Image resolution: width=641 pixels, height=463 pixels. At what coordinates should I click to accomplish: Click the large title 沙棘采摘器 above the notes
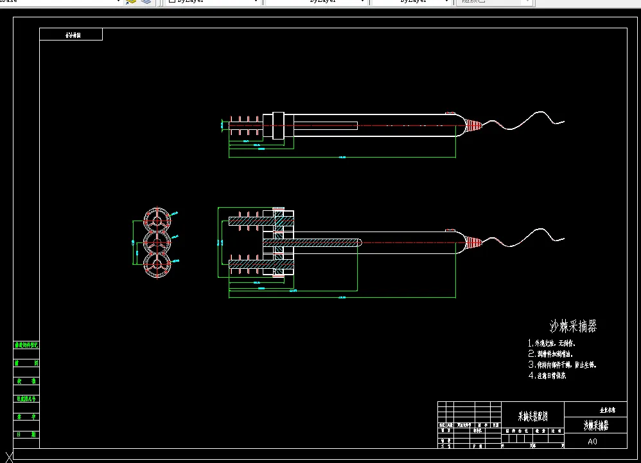click(x=574, y=326)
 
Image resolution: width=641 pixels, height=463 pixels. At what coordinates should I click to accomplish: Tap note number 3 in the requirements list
click(x=563, y=365)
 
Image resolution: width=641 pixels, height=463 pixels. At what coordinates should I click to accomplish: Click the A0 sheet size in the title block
click(x=592, y=442)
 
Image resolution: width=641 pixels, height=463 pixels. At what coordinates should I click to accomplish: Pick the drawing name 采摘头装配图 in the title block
click(x=532, y=417)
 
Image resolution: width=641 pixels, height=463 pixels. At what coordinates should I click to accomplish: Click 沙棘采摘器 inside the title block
click(x=595, y=425)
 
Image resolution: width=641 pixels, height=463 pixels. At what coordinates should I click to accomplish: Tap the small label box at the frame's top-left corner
click(x=71, y=35)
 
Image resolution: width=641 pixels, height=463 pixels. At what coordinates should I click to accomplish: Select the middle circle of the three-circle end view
click(x=157, y=242)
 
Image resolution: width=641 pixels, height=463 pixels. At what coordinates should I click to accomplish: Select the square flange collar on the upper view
click(x=278, y=124)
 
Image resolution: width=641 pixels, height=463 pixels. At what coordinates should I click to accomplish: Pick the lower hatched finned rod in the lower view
click(x=250, y=264)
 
